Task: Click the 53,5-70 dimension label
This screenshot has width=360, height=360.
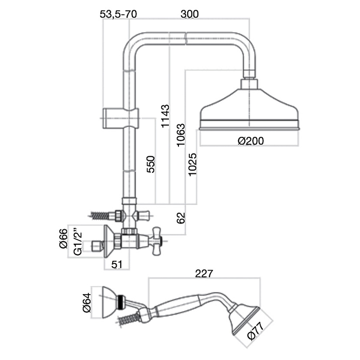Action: click(x=118, y=14)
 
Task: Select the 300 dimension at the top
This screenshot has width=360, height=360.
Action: click(x=190, y=14)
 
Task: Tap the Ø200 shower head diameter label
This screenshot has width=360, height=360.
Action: click(x=250, y=141)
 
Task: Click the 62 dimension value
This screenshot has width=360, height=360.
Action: click(x=181, y=218)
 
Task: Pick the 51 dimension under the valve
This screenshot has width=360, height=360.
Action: click(x=117, y=265)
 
